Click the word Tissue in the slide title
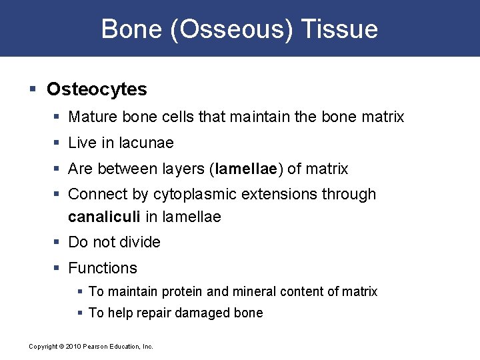pos(339,29)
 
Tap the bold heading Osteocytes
pos(97,89)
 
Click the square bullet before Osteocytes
pos(33,89)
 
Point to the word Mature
pos(91,117)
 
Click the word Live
pos(81,143)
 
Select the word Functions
pos(103,269)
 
